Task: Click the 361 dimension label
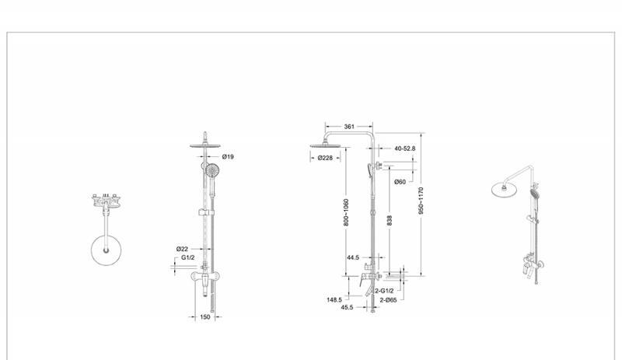click(349, 127)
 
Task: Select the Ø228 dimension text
click(325, 158)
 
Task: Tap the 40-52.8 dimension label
click(404, 149)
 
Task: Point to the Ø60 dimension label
click(400, 182)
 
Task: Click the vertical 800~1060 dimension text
click(346, 212)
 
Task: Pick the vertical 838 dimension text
click(390, 221)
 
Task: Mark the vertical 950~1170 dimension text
click(421, 201)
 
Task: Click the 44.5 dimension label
click(353, 257)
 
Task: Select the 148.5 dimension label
click(334, 299)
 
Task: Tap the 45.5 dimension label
click(347, 307)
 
